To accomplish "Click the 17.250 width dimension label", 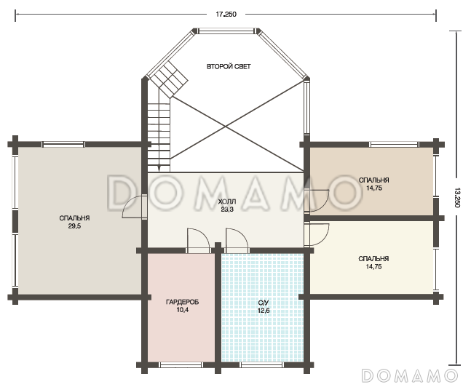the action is (226, 14).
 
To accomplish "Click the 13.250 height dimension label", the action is (457, 198).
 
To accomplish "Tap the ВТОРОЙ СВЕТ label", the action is (229, 67).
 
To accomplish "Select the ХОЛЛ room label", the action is (227, 202).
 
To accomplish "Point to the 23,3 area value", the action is (227, 210).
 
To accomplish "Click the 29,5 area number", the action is (74, 226).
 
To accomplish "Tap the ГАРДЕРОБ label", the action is (182, 302).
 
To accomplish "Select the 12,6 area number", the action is (264, 311).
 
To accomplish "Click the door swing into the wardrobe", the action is (198, 239).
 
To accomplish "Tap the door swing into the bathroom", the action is (237, 239).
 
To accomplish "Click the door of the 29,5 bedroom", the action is (134, 207).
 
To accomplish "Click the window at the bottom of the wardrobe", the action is (181, 365).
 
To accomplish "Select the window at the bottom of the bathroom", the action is (261, 365).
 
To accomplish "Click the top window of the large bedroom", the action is (63, 145).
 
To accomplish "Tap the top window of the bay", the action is (226, 31).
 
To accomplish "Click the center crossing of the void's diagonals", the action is (226, 127).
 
